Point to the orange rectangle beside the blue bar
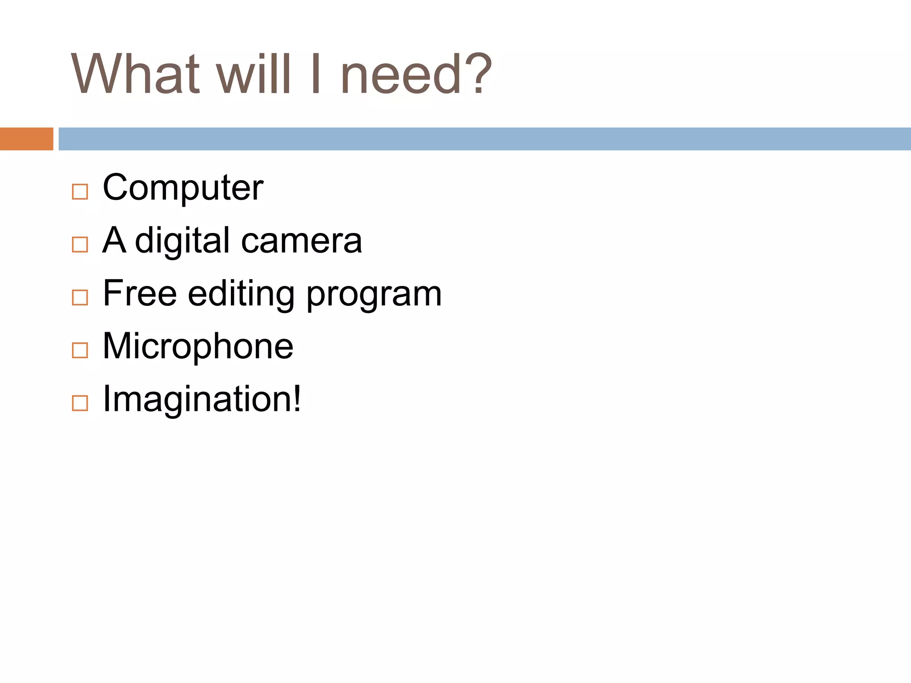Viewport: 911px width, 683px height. [26, 139]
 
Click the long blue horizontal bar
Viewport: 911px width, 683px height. [484, 139]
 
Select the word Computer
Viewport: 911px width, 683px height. [183, 188]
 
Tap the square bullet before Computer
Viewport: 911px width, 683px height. [80, 192]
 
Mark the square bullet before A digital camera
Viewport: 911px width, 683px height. [80, 245]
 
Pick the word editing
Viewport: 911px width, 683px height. [241, 294]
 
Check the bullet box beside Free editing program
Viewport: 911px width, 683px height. [80, 297]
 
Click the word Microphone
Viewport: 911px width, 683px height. [198, 346]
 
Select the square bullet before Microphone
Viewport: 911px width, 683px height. [80, 350]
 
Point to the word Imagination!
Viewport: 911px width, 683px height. [202, 399]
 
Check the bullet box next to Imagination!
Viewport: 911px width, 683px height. [80, 403]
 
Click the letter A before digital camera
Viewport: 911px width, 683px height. [114, 240]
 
